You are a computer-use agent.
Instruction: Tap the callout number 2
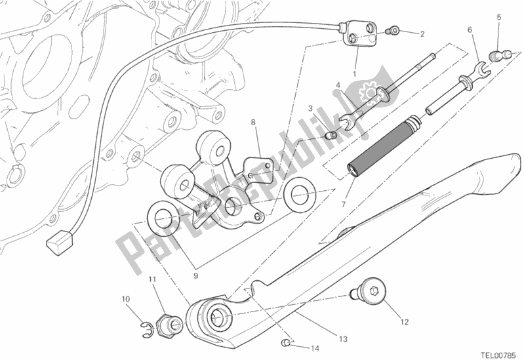point(422,34)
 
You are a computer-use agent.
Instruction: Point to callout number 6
point(470,30)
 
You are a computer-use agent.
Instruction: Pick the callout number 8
point(252,122)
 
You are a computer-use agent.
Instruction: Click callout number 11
point(151,280)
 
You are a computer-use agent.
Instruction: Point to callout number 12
point(405,322)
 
